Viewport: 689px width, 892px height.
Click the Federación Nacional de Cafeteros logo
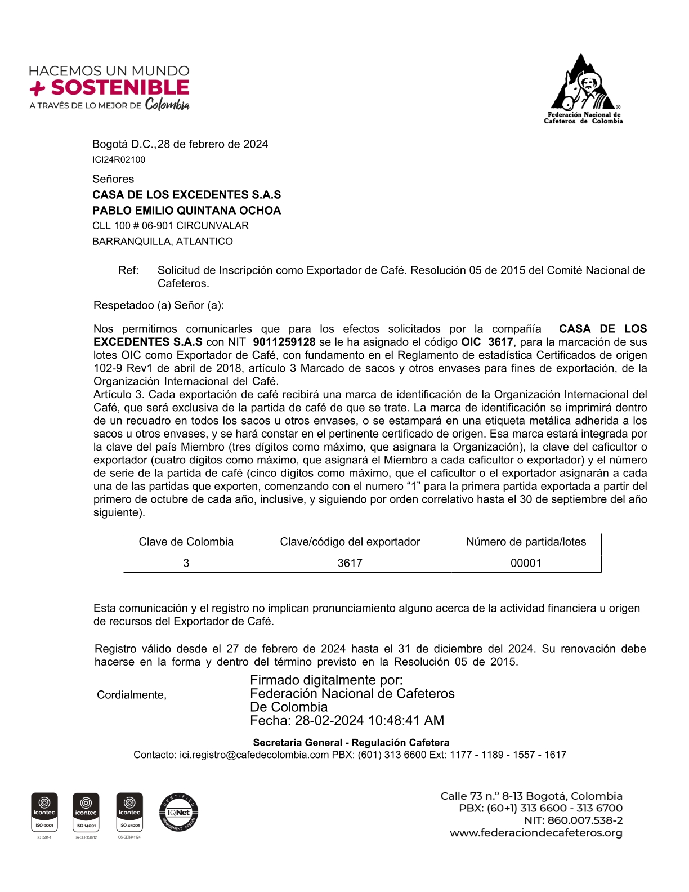(x=583, y=88)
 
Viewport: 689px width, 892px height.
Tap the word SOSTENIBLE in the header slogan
(x=120, y=88)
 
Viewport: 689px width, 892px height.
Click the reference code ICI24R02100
(x=119, y=160)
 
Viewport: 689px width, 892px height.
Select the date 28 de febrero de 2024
(x=213, y=144)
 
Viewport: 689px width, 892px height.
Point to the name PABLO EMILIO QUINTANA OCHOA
(x=186, y=211)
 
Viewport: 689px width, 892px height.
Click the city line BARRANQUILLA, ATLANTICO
(x=162, y=242)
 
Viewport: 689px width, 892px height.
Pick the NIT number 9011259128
(x=284, y=342)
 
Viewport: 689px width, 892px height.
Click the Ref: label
(x=128, y=270)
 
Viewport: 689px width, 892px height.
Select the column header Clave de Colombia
(x=186, y=542)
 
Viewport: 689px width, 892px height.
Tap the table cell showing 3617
(x=350, y=563)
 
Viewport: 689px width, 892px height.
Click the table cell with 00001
(x=526, y=563)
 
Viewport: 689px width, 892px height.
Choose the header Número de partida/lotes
(x=526, y=542)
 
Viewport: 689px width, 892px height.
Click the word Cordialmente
(x=131, y=695)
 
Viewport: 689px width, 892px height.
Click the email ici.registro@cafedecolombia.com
(x=254, y=755)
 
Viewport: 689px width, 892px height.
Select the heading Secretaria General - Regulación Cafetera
(x=351, y=742)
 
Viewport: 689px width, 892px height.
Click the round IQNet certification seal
(x=178, y=812)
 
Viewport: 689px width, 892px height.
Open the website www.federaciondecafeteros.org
(x=536, y=833)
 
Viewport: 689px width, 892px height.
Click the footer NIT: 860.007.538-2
(x=573, y=820)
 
